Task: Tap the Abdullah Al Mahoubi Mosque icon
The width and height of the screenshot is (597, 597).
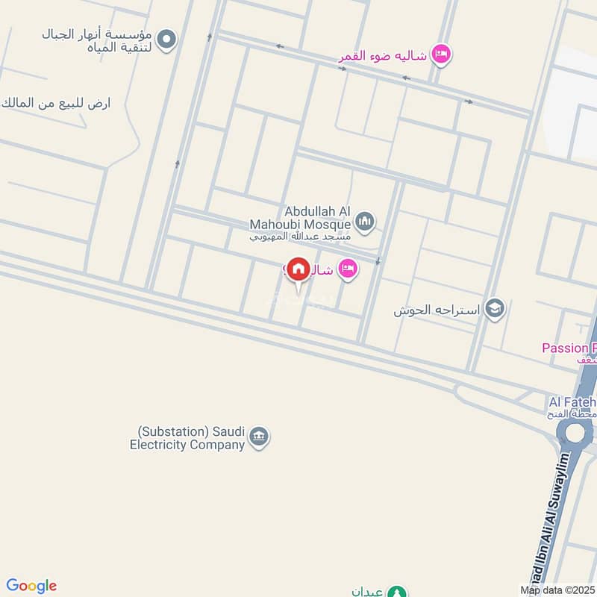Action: (365, 220)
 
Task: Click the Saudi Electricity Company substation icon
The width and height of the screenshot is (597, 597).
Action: (259, 437)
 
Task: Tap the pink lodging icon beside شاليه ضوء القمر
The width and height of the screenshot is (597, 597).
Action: (442, 53)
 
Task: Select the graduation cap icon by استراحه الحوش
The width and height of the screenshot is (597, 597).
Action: (494, 308)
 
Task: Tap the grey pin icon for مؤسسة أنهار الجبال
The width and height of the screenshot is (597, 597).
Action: (167, 39)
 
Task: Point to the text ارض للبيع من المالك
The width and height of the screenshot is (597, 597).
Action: (56, 102)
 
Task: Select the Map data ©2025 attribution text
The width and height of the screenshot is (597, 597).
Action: (557, 590)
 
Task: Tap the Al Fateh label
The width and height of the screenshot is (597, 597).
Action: (572, 403)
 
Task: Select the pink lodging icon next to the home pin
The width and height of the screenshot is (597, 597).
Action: (347, 269)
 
